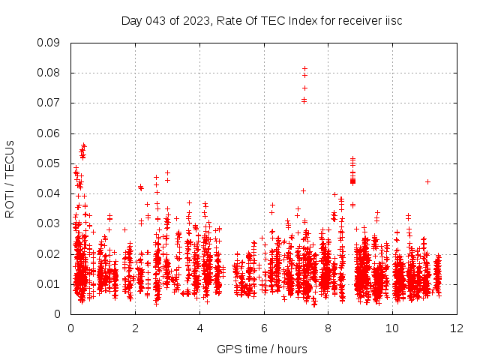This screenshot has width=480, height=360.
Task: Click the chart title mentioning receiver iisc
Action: tap(262, 20)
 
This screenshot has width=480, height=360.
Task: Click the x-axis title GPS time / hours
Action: tap(262, 349)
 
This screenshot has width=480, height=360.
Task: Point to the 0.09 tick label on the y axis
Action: tap(50, 43)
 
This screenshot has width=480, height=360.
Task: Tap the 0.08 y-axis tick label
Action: tap(50, 73)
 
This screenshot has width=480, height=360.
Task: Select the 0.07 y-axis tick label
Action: tap(50, 103)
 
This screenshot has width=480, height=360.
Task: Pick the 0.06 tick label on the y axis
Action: tap(50, 133)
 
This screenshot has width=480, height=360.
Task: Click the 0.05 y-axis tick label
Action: tap(50, 163)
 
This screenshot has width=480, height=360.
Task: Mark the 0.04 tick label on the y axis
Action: tap(50, 193)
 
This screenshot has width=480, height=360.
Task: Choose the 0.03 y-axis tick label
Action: tap(50, 223)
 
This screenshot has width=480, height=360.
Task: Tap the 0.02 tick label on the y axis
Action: tap(50, 253)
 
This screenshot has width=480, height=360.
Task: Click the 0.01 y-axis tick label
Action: tap(50, 283)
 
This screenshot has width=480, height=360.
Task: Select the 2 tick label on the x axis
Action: tap(136, 328)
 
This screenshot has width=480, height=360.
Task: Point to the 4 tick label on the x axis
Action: tap(200, 328)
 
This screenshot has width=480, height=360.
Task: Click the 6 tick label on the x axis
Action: tap(265, 328)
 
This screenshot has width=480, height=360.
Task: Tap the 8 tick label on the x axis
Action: tap(328, 328)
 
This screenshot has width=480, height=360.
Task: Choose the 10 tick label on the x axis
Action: tap(393, 328)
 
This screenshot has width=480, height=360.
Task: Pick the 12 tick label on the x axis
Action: tap(457, 328)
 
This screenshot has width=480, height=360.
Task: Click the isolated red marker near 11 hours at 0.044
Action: tap(427, 181)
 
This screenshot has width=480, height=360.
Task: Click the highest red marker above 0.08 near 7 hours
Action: tap(304, 68)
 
